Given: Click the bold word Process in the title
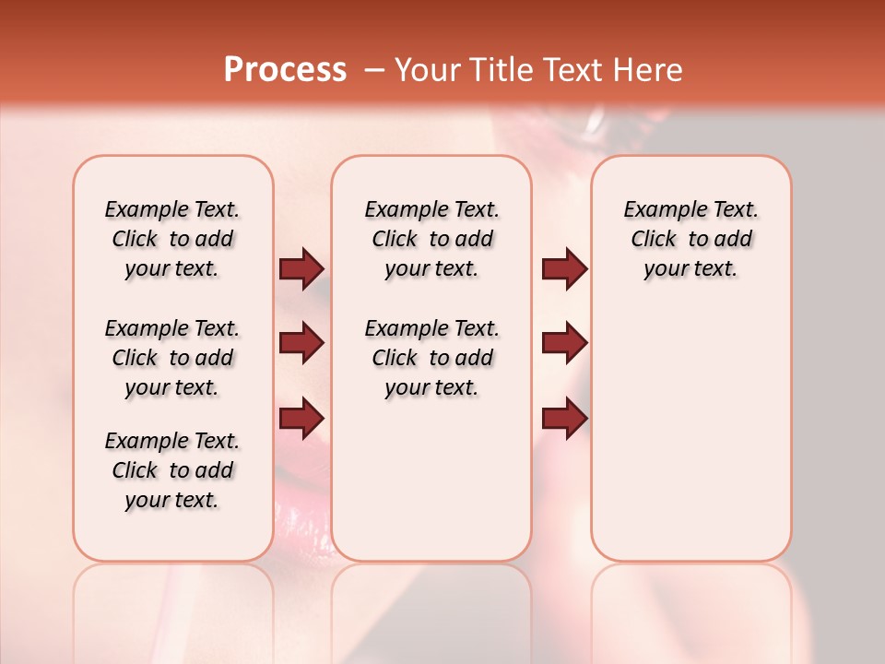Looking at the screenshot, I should click(x=285, y=69).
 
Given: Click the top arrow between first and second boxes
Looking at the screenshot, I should click(x=301, y=268).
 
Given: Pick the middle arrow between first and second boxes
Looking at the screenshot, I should click(x=301, y=343).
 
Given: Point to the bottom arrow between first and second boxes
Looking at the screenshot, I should click(x=301, y=419).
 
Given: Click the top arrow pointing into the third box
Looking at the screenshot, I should click(x=564, y=268).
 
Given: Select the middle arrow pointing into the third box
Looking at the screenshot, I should click(x=564, y=343).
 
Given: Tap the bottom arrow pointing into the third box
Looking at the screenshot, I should click(x=564, y=419).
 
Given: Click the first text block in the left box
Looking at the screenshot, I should click(x=172, y=239).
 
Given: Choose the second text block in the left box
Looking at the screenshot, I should click(x=172, y=358).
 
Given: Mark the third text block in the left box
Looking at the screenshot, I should click(x=172, y=470).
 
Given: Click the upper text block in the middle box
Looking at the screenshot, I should click(x=431, y=239).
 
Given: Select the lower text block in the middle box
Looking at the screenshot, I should click(x=431, y=358).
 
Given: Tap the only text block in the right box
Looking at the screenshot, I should click(x=690, y=239).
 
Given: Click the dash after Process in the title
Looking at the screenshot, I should click(x=374, y=70).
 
